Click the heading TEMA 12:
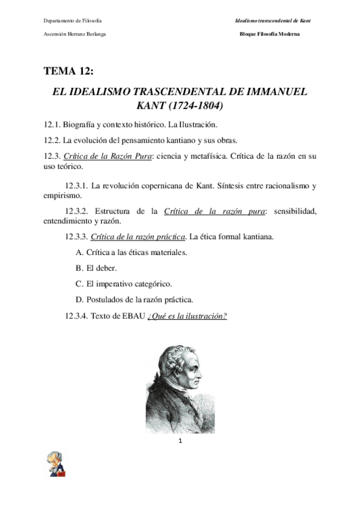[69, 72]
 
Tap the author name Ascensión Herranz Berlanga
[75, 34]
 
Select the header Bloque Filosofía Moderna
[269, 34]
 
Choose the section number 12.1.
[53, 125]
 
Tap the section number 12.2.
[53, 140]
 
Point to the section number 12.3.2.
[78, 210]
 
